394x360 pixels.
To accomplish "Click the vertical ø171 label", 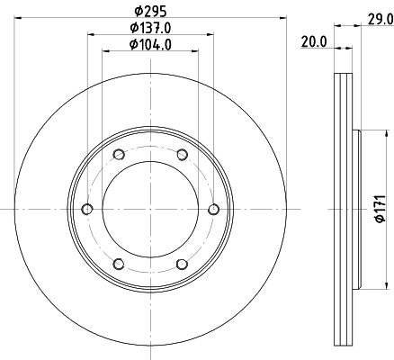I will click(381, 210).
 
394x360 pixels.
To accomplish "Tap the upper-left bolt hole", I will click(119, 155).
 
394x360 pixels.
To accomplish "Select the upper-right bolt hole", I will click(182, 155).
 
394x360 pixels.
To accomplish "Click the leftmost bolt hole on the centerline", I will click(87, 210).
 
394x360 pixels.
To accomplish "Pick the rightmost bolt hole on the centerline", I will click(213, 210).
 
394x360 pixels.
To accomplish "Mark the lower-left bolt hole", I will click(119, 264).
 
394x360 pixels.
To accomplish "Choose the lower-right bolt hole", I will click(182, 264).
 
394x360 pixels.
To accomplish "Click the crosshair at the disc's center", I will click(150, 210).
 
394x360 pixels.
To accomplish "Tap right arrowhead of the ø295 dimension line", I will click(282, 19).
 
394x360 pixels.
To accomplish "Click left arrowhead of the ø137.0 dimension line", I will click(90, 35).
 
